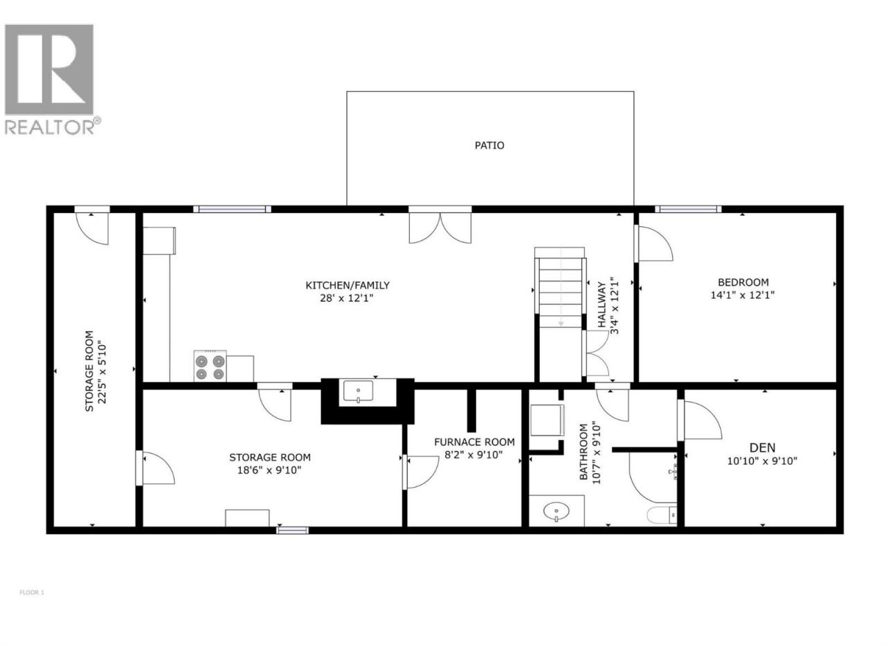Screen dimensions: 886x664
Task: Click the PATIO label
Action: point(489,145)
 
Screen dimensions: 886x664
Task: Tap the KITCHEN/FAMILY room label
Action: point(347,286)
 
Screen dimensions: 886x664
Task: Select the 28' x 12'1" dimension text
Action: point(347,298)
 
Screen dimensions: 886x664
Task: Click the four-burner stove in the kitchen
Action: point(210,366)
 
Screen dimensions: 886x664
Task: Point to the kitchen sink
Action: point(358,391)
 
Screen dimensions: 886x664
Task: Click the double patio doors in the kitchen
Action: point(440,228)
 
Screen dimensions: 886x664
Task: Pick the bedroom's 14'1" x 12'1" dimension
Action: point(743,295)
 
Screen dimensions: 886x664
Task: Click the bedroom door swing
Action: point(655,243)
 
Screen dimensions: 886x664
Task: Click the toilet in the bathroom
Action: point(662,515)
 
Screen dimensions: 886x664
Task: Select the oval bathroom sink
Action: point(557,512)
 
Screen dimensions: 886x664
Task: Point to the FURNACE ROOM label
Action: point(474,442)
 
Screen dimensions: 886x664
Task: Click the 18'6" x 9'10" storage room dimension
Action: point(269,470)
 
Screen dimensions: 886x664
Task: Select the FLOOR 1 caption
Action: point(32,593)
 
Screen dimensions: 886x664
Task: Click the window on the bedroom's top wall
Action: point(688,209)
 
